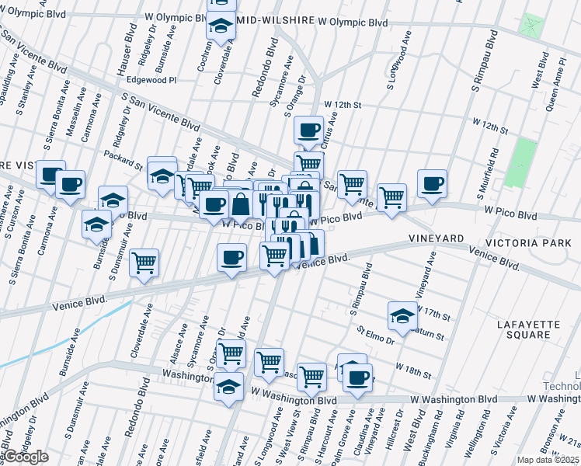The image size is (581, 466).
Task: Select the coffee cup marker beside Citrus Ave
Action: (x=308, y=129)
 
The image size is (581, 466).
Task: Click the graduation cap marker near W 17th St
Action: (x=402, y=315)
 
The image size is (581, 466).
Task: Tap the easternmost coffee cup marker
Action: (x=432, y=183)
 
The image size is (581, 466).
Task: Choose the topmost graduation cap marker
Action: (x=221, y=25)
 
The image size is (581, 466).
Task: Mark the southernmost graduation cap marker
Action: (x=229, y=386)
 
